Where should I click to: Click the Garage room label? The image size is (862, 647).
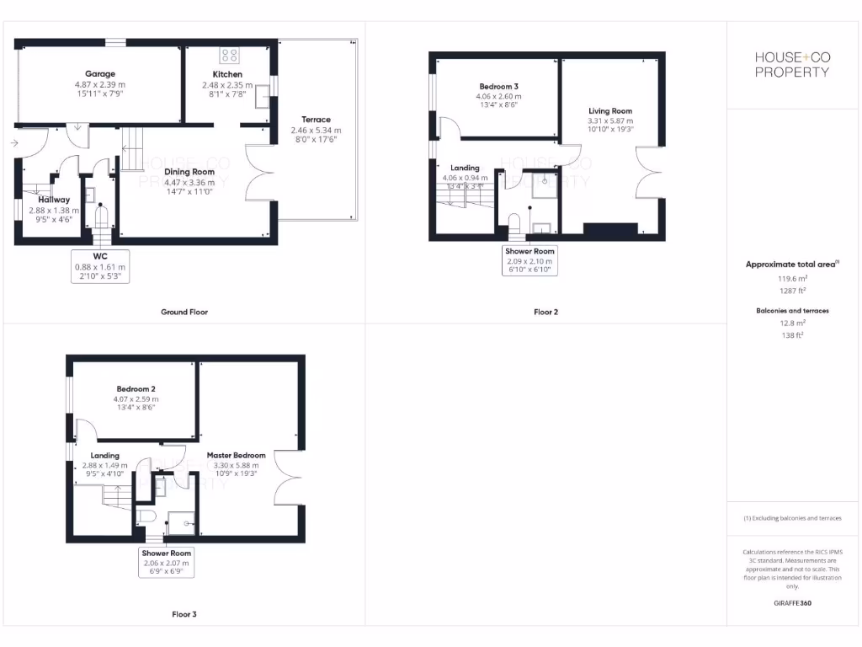coord(100,74)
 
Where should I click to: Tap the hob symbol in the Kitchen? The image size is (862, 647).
coord(229,56)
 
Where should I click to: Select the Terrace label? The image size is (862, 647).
coord(316,120)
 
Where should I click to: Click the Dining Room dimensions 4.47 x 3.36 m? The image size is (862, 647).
coord(189,183)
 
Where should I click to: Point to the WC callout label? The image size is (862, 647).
coord(100,255)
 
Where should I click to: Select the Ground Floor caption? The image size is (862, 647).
coord(184,312)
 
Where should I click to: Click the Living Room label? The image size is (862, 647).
coord(609,111)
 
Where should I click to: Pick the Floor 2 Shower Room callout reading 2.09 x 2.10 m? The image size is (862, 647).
coord(529,261)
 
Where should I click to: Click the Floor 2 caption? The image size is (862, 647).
coord(545,312)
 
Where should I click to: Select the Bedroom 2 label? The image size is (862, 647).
coord(136,388)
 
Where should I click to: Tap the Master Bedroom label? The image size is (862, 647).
coord(236,455)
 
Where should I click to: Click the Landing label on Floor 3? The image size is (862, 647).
coord(104,455)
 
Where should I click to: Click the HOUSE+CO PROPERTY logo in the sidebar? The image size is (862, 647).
coord(791,64)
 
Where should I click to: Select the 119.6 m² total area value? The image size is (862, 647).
coord(791,277)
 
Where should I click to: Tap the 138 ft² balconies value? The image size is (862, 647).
coord(791,334)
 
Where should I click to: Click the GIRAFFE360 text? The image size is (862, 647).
coord(791,603)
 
